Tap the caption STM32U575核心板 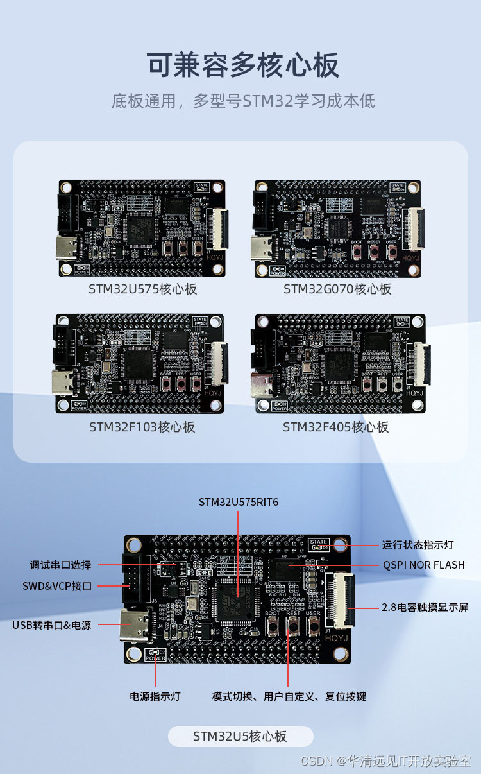tap(142, 289)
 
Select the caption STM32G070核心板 tap(337, 289)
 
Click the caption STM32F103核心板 tap(142, 427)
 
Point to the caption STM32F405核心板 tap(336, 427)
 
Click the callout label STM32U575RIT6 tap(239, 502)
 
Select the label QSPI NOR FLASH tap(423, 565)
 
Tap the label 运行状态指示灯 tap(418, 545)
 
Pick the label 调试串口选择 tap(60, 565)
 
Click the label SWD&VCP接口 tap(57, 586)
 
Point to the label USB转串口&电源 tap(52, 624)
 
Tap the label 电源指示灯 tap(155, 696)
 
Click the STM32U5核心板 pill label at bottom tap(240, 736)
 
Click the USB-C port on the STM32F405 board tap(264, 386)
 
